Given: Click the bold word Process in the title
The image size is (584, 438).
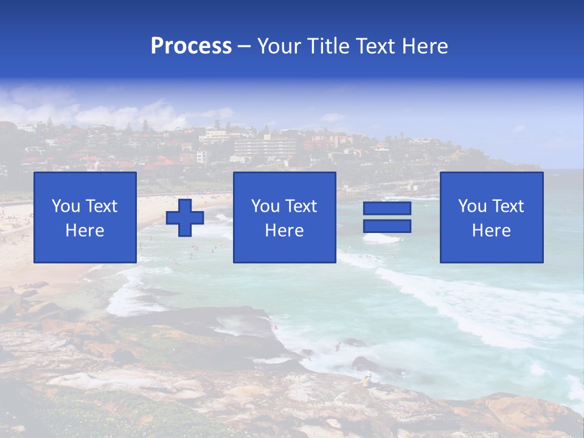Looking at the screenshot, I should click(191, 46).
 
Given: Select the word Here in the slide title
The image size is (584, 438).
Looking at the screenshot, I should click(423, 46).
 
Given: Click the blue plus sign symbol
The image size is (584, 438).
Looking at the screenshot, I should click(185, 218).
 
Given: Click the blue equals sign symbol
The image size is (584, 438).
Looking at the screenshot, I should click(387, 217).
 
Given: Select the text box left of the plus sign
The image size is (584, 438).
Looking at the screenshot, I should click(85, 217).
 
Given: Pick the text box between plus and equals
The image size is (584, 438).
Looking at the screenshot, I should click(284, 217).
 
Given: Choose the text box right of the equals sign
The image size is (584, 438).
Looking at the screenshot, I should click(491, 217).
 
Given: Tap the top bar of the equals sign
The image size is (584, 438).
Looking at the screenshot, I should click(387, 209).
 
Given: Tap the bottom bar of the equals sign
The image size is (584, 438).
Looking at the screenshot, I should click(387, 226).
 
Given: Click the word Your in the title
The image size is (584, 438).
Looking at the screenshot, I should click(277, 46).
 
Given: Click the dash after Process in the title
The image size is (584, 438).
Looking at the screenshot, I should click(245, 46).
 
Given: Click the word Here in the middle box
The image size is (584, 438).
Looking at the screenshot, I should click(284, 231).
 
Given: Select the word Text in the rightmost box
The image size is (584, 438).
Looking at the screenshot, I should click(507, 206).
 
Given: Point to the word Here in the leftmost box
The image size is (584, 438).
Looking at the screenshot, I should click(85, 231).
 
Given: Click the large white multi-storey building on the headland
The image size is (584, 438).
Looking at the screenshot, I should click(265, 147).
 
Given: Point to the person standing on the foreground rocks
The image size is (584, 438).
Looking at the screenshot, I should click(366, 381).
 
